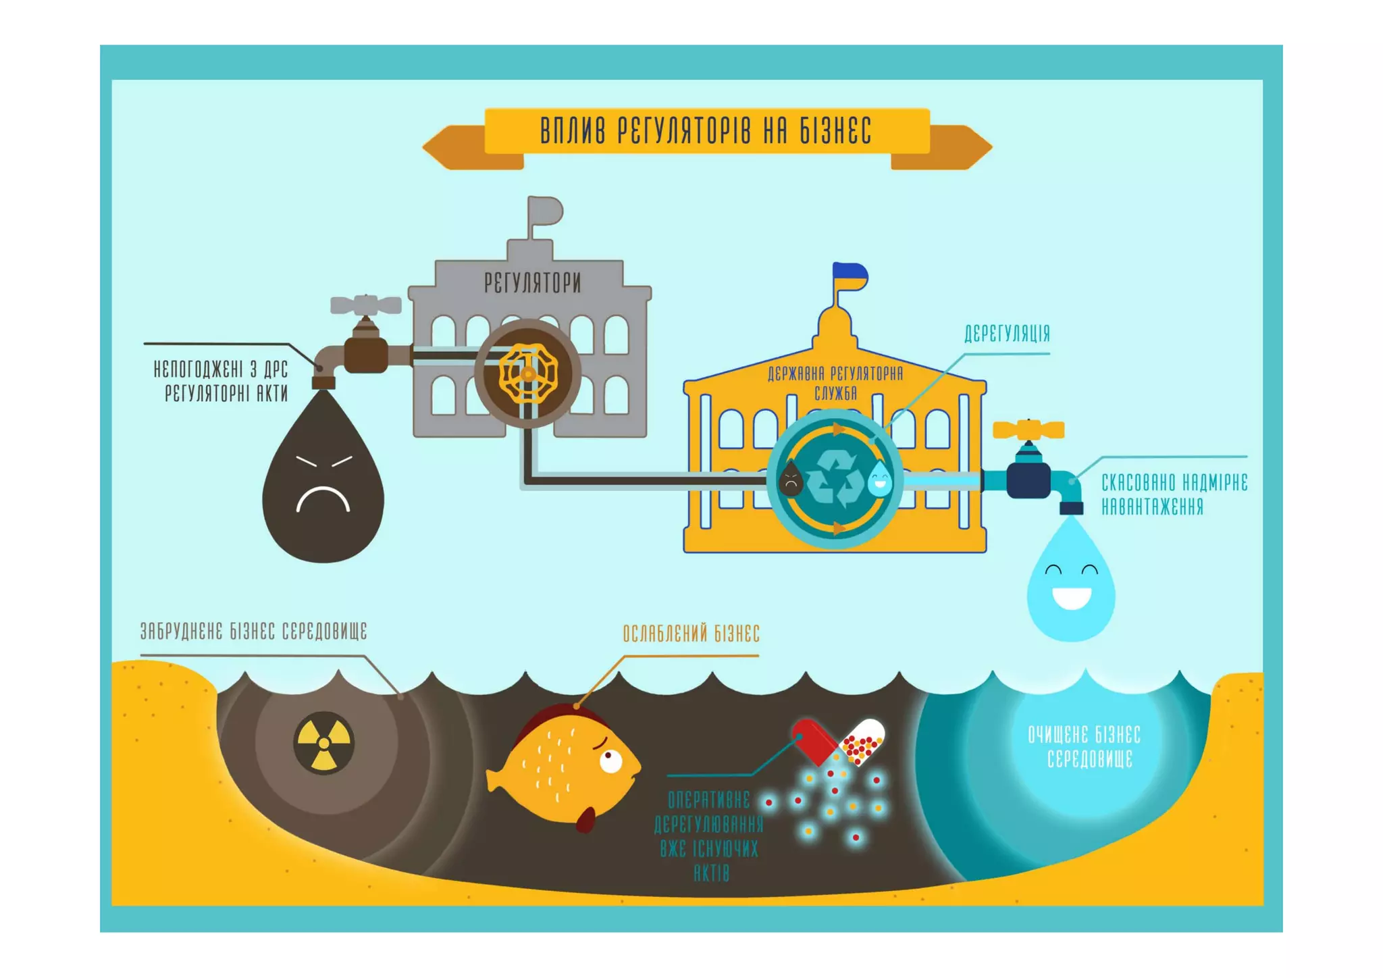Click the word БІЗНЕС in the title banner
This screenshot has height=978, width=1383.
click(x=836, y=131)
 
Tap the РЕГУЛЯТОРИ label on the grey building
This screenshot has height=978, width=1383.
click(x=532, y=283)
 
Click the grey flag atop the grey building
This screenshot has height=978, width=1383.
click(x=546, y=210)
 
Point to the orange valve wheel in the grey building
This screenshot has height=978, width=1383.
click(x=528, y=374)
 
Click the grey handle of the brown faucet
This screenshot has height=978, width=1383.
click(x=365, y=305)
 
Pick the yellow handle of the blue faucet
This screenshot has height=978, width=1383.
click(x=1028, y=430)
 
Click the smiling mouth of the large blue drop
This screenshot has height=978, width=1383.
click(x=1072, y=598)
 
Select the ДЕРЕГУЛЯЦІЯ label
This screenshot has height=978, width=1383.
click(x=1007, y=334)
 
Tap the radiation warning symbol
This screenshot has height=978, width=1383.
click(x=324, y=742)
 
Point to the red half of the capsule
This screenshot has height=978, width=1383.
click(x=814, y=741)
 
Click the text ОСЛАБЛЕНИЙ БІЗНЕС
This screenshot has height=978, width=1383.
click(x=691, y=634)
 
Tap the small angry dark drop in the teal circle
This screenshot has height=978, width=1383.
click(x=790, y=480)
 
